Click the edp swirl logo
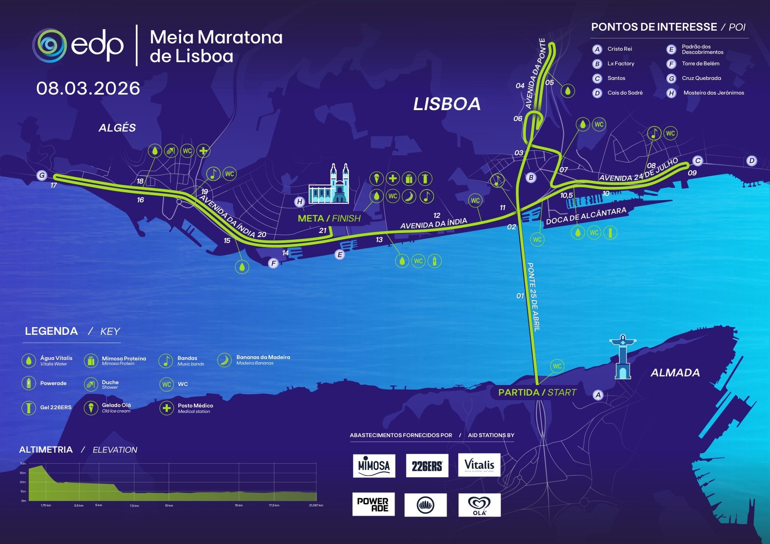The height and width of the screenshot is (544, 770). click(x=49, y=45)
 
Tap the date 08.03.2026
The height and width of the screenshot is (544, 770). click(x=88, y=88)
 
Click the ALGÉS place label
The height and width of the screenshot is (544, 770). click(x=117, y=128)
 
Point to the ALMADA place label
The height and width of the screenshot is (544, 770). click(x=675, y=373)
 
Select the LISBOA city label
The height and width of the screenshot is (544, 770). click(x=447, y=104)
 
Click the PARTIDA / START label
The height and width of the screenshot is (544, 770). click(x=537, y=392)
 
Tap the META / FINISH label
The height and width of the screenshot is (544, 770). click(x=329, y=218)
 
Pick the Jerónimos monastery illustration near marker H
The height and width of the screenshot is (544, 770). click(x=329, y=185)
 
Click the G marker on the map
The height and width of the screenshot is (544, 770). click(x=42, y=175)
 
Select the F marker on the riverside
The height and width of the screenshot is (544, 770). click(x=273, y=263)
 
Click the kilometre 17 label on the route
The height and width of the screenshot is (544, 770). click(x=53, y=185)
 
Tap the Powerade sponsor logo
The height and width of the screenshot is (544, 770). click(x=373, y=505)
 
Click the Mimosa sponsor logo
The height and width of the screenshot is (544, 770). click(x=374, y=465)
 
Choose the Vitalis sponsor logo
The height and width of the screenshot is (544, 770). click(x=479, y=465)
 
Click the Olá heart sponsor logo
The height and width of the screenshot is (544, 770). click(x=479, y=505)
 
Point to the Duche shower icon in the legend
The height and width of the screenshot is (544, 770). click(x=91, y=384)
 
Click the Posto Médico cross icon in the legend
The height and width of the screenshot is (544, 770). click(x=166, y=408)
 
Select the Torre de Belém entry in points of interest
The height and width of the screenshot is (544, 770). click(x=700, y=64)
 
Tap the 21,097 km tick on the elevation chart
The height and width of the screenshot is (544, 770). click(x=316, y=505)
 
